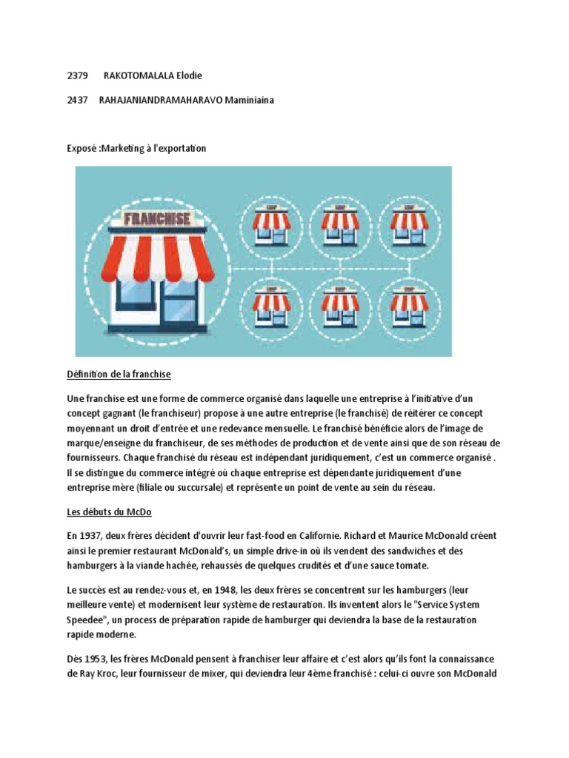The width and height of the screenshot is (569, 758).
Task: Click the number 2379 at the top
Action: pyautogui.click(x=77, y=76)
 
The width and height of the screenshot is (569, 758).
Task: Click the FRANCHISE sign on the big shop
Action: pyautogui.click(x=157, y=219)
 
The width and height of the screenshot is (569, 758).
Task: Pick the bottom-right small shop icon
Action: pyautogui.click(x=410, y=307)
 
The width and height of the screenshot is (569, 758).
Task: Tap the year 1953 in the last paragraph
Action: pyautogui.click(x=97, y=659)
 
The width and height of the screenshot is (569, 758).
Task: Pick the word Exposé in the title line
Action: pyautogui.click(x=81, y=149)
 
